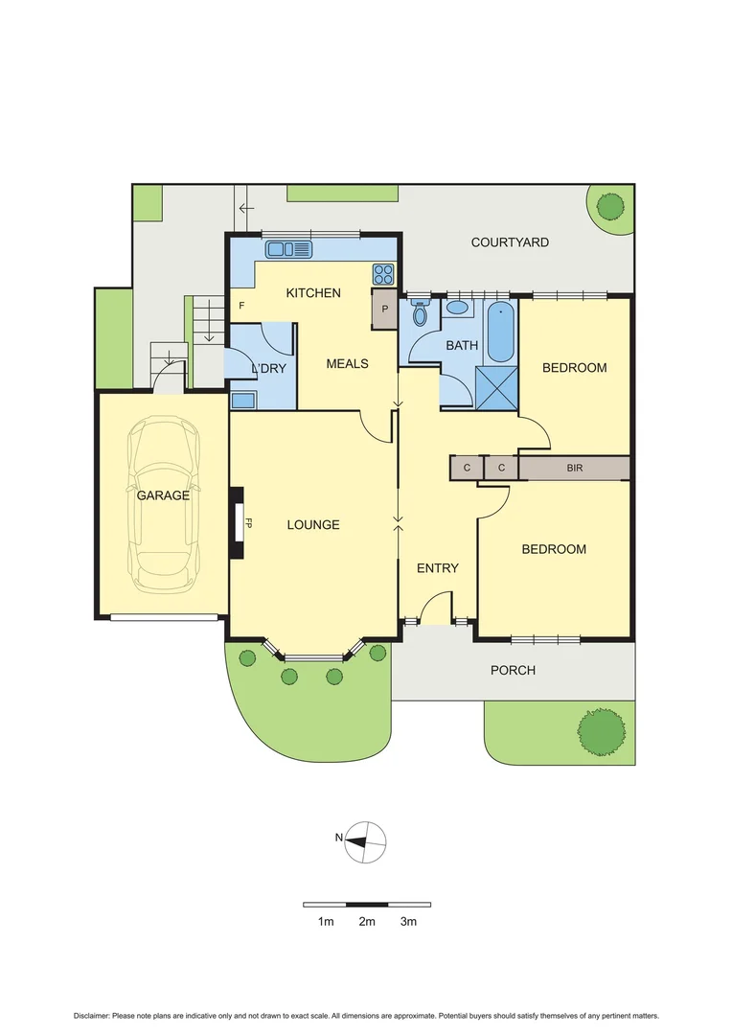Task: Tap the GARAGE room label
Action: (x=162, y=495)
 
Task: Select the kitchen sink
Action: (x=288, y=249)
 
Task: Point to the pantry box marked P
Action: (x=385, y=310)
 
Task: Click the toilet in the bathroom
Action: (x=420, y=314)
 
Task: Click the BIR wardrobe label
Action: (x=574, y=468)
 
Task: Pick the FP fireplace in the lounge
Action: (x=237, y=523)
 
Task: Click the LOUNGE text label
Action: (x=313, y=524)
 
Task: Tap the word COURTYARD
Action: (x=510, y=242)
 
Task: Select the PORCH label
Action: (x=513, y=670)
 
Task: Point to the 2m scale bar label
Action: (x=367, y=922)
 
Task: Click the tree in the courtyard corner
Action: (x=610, y=206)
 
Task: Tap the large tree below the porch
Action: (x=603, y=731)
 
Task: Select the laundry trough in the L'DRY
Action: (x=242, y=400)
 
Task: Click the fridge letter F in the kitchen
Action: (x=241, y=306)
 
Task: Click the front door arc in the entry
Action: (x=437, y=608)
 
